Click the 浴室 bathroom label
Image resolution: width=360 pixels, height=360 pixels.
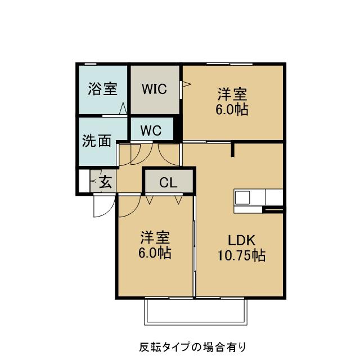pos(102,89)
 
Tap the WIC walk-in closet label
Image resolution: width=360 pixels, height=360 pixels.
pos(154,89)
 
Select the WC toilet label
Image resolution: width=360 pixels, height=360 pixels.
pos(151,130)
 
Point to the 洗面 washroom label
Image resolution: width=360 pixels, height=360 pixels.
pos(96,141)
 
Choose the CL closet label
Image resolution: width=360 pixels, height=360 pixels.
pos(168,182)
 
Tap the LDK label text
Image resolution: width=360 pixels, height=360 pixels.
pos(241,240)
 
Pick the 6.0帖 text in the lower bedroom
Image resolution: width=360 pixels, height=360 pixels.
pos(155,253)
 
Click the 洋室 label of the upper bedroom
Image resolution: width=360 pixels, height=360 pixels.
pos(233,94)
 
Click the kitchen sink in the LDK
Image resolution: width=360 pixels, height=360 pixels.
pos(243,197)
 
